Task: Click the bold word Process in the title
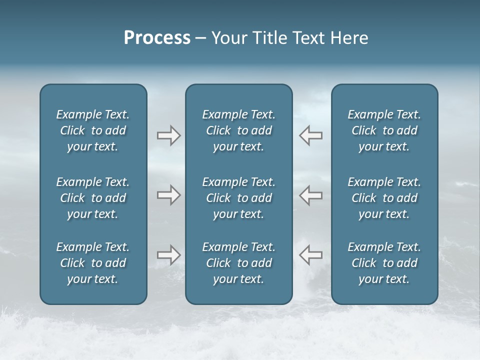pos(157,38)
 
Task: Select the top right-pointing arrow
pos(168,135)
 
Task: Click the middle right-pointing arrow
pos(168,195)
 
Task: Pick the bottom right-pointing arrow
pos(168,255)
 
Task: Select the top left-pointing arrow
pos(311,135)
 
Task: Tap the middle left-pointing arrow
pos(311,195)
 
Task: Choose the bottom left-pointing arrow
pos(311,255)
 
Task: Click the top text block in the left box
pos(93,130)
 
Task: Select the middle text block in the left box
pos(93,198)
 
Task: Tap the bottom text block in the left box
pos(93,263)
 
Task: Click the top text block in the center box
pos(238,130)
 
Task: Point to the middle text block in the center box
pos(238,198)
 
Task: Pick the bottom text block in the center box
pos(238,263)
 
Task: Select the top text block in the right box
pos(384,130)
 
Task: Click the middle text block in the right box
pos(384,198)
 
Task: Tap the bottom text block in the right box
pos(384,263)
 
